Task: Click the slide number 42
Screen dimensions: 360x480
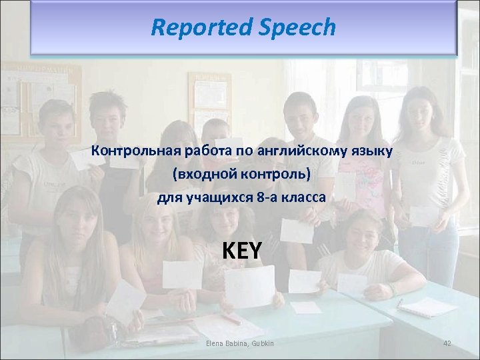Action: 447,343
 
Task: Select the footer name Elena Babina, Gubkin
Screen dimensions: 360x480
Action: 241,343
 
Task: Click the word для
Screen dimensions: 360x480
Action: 169,198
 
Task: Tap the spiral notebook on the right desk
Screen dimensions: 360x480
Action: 427,307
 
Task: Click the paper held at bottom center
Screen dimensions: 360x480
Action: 249,287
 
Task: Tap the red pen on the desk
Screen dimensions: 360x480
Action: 231,319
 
